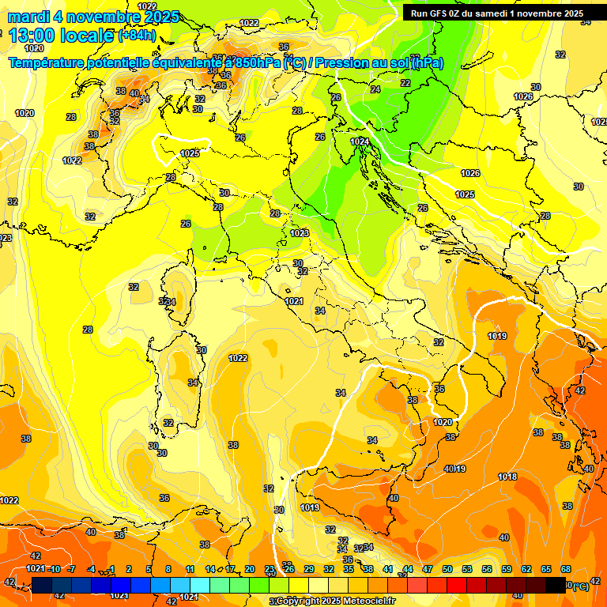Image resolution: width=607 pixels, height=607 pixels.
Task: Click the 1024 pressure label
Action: click(x=360, y=141)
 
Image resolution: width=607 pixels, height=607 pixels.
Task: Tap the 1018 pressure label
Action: click(x=507, y=477)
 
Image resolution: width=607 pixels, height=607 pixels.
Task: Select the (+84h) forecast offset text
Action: click(x=137, y=36)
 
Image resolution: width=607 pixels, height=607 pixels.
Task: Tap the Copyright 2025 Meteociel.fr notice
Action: click(x=335, y=601)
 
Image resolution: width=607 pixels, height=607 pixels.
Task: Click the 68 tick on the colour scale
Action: click(x=566, y=569)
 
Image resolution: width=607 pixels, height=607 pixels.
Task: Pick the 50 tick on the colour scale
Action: click(x=447, y=569)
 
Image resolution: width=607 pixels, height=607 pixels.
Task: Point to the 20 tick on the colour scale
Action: click(x=250, y=569)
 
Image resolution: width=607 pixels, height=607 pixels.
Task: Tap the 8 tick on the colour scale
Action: click(x=168, y=569)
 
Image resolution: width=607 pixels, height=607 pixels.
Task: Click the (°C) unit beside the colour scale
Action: click(x=580, y=586)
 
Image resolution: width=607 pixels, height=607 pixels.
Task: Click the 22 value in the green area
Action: click(x=405, y=82)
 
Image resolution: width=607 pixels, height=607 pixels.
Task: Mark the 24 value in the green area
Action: click(x=375, y=89)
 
